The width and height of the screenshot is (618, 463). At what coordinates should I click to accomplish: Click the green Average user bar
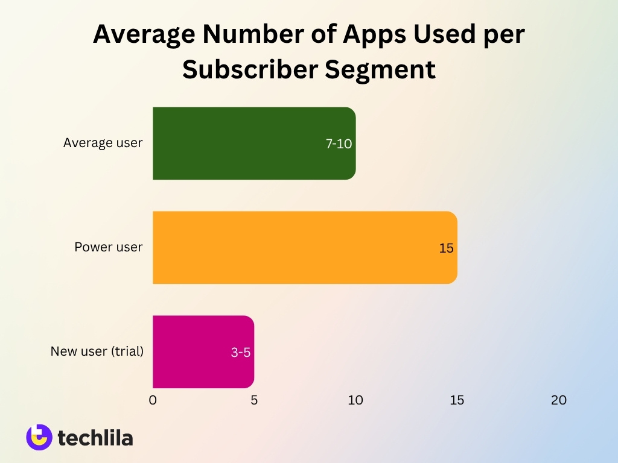pos(253,143)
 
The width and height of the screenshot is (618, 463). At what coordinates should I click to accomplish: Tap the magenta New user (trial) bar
pos(203,351)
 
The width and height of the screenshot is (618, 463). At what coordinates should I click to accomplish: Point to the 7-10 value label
pos(339,144)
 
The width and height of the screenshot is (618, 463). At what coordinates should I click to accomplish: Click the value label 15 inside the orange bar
pos(446,248)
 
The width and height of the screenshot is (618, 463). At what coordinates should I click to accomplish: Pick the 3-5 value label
pos(240,353)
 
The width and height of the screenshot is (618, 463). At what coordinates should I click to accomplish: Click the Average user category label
pos(103,143)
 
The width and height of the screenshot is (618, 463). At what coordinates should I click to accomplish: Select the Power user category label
pos(109,247)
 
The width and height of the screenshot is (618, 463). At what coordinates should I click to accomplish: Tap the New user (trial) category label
pos(97,351)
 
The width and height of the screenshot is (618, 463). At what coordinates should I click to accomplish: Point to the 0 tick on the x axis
pos(153,400)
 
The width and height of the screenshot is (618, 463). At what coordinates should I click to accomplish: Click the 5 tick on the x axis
pos(254,400)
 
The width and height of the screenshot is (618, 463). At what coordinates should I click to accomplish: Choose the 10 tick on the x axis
pos(355,400)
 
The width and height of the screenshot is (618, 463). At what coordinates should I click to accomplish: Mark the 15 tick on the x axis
pos(457,400)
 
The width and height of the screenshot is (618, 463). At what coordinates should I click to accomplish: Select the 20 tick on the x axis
pos(559,400)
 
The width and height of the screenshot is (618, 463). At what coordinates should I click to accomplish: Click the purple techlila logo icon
pos(39,437)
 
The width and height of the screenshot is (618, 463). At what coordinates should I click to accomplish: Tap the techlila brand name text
pos(95,438)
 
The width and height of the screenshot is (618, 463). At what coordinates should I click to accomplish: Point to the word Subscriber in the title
pos(250,69)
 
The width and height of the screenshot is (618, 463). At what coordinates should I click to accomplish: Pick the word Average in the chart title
pos(144,36)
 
